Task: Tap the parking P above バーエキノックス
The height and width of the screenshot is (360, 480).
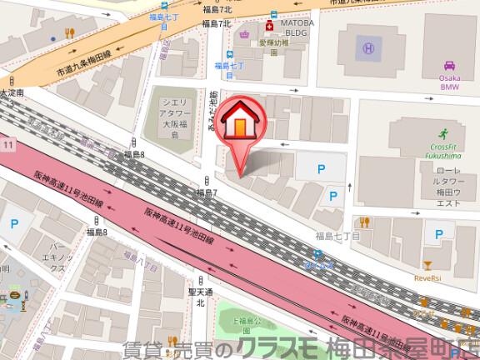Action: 14,223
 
